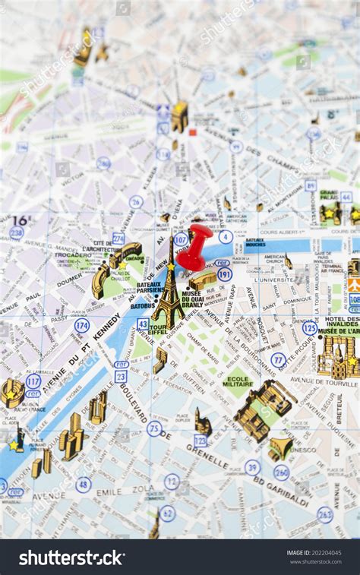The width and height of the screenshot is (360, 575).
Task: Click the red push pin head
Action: coord(199,237)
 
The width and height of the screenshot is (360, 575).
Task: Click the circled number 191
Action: coord(224,274)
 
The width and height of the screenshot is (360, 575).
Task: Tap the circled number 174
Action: coord(82,326)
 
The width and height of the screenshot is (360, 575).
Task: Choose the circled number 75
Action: coord(154,428)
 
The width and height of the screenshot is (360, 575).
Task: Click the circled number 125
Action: coord(309,327)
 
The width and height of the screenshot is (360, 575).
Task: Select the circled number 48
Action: coord(83,484)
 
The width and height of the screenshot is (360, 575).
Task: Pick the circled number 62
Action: coord(167,513)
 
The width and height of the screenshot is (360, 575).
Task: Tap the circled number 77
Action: coord(279,360)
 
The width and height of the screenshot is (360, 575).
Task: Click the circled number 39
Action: coord(252,467)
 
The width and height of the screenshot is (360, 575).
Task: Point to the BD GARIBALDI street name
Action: coord(282,491)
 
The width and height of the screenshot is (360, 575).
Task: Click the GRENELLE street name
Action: coord(207,457)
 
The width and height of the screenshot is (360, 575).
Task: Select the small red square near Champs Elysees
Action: coord(193,132)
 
